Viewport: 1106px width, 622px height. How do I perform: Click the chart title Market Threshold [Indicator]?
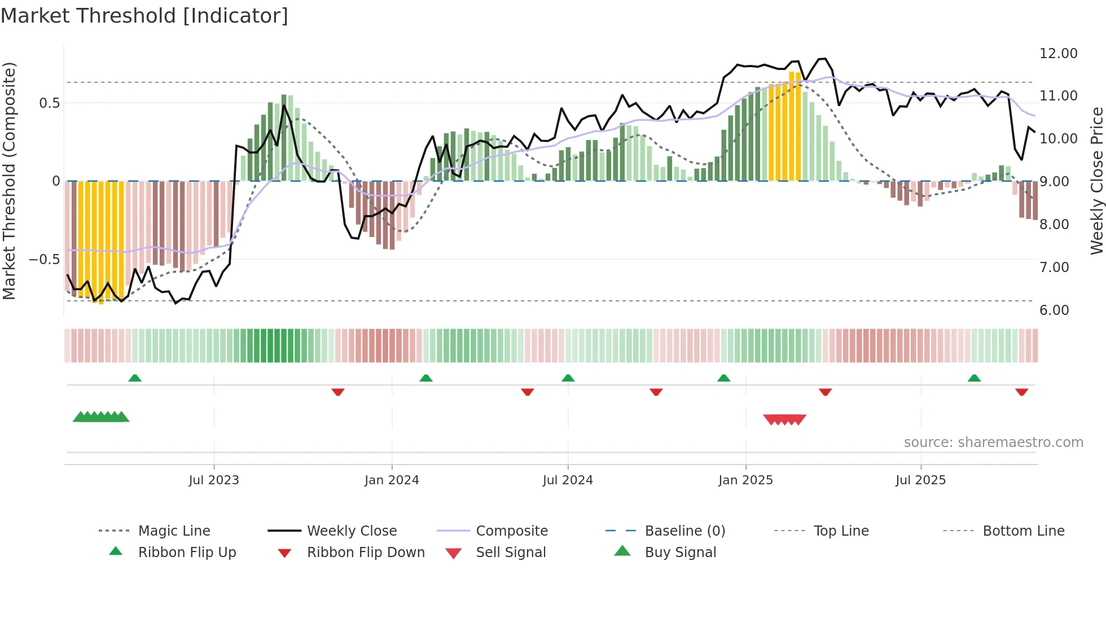pyautogui.click(x=144, y=16)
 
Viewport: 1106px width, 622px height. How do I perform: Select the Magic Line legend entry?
pyautogui.click(x=174, y=531)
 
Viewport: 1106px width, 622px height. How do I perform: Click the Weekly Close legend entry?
pyautogui.click(x=352, y=531)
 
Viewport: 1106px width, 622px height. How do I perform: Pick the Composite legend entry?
pyautogui.click(x=511, y=531)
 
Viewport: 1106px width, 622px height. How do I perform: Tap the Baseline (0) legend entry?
pyautogui.click(x=684, y=531)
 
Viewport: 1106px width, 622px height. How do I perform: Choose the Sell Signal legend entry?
pyautogui.click(x=510, y=552)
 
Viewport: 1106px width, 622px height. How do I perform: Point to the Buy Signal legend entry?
pyautogui.click(x=680, y=552)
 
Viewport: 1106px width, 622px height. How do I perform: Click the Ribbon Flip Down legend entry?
pyautogui.click(x=365, y=552)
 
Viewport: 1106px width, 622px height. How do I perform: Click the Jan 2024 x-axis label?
pyautogui.click(x=392, y=480)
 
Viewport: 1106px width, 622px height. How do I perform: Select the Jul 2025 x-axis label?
pyautogui.click(x=920, y=480)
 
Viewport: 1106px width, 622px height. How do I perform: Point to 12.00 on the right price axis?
pyautogui.click(x=1058, y=53)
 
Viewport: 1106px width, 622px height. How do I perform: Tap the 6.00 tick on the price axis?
pyautogui.click(x=1054, y=310)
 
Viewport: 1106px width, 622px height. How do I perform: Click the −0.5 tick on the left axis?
pyautogui.click(x=44, y=260)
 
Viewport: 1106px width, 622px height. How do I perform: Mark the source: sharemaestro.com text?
pyautogui.click(x=993, y=442)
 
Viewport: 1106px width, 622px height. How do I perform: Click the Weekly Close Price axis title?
pyautogui.click(x=1096, y=181)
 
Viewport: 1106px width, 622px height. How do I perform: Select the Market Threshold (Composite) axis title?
pyautogui.click(x=9, y=181)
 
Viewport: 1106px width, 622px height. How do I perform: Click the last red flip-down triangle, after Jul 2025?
pyautogui.click(x=1021, y=392)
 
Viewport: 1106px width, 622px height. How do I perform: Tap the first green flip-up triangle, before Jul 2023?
pyautogui.click(x=135, y=378)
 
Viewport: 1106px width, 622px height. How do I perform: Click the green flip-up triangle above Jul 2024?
pyautogui.click(x=568, y=378)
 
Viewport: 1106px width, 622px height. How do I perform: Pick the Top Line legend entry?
pyautogui.click(x=841, y=531)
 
